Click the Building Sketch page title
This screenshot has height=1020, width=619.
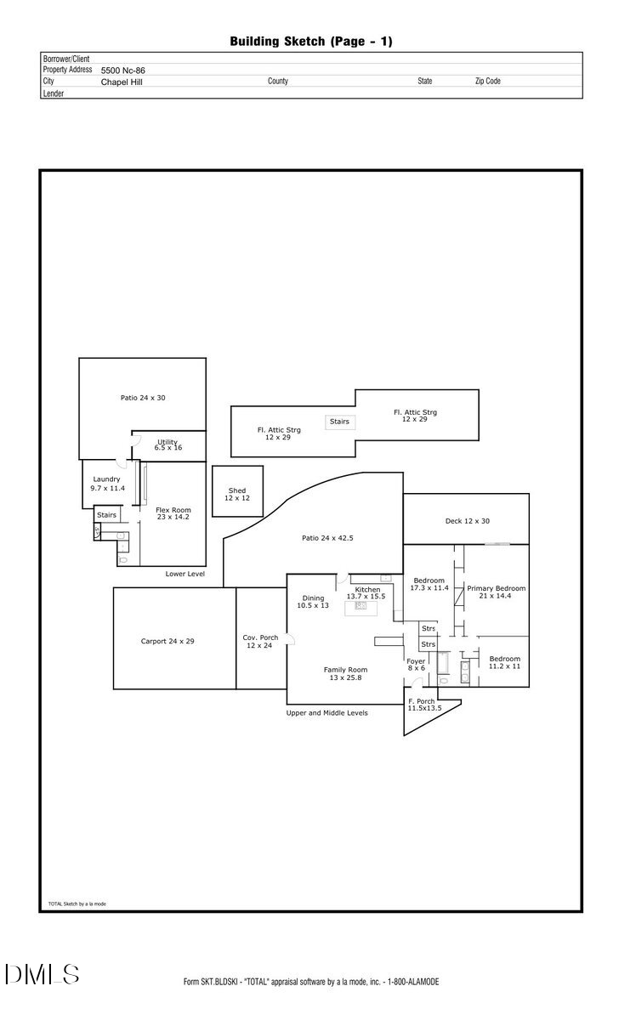point(310,41)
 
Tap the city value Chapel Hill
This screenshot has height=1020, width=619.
point(122,82)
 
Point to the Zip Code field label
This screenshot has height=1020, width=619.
point(487,82)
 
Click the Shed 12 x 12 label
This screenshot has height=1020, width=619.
point(237,494)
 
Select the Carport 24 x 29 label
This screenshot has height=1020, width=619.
point(168,641)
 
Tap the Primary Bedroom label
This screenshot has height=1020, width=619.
point(496,592)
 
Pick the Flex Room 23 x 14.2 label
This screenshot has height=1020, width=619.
point(173,513)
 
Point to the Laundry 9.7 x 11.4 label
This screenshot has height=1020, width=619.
point(107,484)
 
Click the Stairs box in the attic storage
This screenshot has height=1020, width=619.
point(339,422)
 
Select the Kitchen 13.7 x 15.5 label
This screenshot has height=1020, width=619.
point(366,592)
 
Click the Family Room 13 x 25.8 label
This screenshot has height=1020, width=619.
point(345,673)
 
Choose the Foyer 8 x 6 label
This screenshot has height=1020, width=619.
point(416,664)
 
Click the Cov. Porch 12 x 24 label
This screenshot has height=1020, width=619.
point(260,641)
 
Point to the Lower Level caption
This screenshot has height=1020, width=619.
point(185,574)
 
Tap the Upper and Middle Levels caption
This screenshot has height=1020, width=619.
point(327,713)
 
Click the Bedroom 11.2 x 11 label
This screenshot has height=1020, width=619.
point(504,662)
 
